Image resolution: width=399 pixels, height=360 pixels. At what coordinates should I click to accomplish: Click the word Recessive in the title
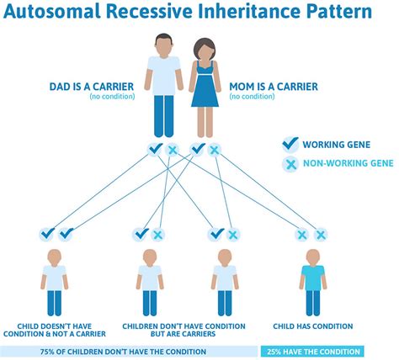[x=150, y=11]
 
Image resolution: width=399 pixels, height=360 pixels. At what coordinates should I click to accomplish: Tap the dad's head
[x=163, y=44]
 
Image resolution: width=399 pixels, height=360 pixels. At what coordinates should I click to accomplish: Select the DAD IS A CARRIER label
[x=92, y=87]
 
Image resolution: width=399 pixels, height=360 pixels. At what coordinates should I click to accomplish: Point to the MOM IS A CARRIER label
[x=274, y=87]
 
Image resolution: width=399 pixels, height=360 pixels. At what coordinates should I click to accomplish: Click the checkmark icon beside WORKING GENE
[x=290, y=144]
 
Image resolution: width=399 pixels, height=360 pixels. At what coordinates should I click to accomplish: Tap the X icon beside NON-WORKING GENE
[x=290, y=164]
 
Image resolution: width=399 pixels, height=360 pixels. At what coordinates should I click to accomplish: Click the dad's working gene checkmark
[x=155, y=149]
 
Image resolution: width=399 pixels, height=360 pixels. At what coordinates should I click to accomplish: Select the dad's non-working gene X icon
[x=172, y=151]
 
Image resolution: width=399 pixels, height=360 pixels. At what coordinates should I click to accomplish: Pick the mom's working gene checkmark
[x=198, y=149]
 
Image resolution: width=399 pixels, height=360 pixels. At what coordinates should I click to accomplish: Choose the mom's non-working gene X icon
[x=215, y=151]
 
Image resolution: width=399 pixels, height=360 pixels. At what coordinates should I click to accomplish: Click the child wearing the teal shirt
[x=313, y=283]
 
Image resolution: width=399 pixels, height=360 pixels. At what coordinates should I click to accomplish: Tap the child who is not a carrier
[x=55, y=283]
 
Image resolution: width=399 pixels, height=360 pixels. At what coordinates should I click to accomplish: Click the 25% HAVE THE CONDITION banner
[x=312, y=352]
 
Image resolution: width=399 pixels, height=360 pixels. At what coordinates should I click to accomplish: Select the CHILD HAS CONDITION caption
[x=313, y=326]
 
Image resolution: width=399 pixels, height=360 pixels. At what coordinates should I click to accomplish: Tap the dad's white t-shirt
[x=164, y=75]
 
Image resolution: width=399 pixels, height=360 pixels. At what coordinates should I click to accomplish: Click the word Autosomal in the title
[x=52, y=11]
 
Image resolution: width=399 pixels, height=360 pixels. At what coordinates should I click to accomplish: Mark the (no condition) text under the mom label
[x=252, y=97]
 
